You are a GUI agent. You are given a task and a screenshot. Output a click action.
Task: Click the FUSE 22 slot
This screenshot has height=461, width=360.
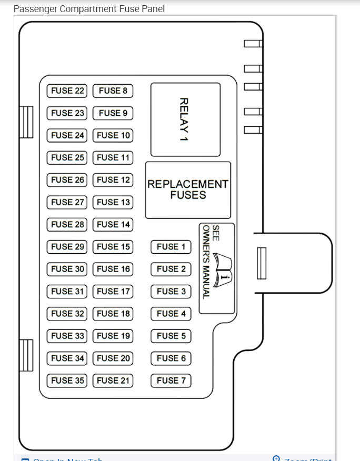[x=67, y=91]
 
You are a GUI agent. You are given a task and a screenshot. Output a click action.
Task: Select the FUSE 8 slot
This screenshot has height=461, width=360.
[x=113, y=91]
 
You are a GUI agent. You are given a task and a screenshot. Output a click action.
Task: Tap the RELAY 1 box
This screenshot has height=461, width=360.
[x=185, y=119]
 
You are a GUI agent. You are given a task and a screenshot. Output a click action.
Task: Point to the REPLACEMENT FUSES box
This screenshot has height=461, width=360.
[x=188, y=189]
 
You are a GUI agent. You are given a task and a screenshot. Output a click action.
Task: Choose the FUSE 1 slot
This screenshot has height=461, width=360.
[x=171, y=246]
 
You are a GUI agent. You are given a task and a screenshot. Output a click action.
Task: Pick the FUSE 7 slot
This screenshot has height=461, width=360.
[x=171, y=380]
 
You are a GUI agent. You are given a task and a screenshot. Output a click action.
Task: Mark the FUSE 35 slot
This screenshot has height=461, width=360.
[x=67, y=380]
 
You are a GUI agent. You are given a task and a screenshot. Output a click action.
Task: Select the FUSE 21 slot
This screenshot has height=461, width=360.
[x=113, y=380]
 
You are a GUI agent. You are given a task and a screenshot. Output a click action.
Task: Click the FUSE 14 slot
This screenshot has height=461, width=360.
[x=113, y=224]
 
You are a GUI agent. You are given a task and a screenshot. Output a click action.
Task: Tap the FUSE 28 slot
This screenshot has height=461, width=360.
[x=67, y=224]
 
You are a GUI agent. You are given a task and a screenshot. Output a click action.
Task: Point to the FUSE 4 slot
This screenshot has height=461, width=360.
[x=171, y=314]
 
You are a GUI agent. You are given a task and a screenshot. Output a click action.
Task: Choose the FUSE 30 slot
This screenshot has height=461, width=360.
[x=67, y=269]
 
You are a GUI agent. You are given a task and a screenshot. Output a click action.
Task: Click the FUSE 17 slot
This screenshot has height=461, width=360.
[x=113, y=291]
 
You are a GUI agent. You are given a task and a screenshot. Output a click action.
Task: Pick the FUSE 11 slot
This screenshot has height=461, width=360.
[x=113, y=157]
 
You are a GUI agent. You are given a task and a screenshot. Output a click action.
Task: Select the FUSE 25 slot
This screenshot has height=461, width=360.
[x=67, y=157]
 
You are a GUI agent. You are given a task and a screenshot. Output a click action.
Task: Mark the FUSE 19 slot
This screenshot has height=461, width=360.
[x=113, y=336]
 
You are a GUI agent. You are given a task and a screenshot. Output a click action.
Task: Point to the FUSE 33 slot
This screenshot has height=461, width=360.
[x=67, y=336]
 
